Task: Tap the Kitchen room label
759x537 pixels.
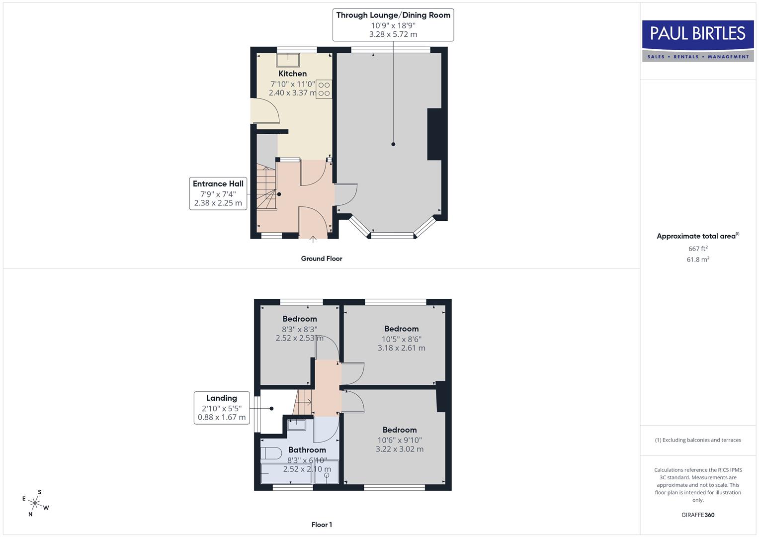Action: coord(292,74)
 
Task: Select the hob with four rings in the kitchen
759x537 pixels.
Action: coord(324,89)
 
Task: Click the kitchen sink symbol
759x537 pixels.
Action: coord(288,59)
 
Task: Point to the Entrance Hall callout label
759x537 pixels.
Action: coord(218,184)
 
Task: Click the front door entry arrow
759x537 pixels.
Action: coord(313,240)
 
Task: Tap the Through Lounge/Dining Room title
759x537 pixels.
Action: coord(393,15)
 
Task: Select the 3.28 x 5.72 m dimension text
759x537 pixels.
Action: coord(393,34)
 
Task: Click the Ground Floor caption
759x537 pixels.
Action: coord(322,259)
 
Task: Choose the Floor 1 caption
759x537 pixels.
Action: coord(322,525)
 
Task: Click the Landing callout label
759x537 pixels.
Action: coord(222,398)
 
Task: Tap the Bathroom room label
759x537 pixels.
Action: coord(307,450)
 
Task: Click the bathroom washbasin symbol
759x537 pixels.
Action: coord(297,424)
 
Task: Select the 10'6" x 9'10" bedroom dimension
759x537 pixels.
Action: coord(400,440)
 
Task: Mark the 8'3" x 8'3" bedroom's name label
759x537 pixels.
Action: coord(300,319)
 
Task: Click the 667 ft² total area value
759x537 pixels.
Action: coord(698,249)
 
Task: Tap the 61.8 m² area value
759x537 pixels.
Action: coord(698,260)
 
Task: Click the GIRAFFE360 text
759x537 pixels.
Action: coord(698,515)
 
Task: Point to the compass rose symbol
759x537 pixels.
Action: coord(35,503)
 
